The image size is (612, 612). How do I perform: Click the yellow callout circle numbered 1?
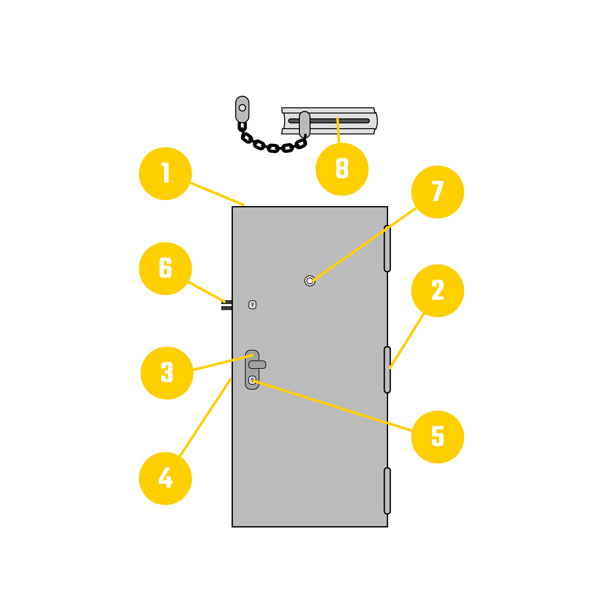(x=165, y=174)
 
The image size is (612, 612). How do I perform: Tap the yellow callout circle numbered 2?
(x=438, y=291)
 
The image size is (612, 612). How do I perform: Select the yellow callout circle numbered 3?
(x=167, y=373)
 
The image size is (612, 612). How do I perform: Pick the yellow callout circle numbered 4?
(x=165, y=478)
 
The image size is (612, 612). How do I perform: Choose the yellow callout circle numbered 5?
(x=438, y=437)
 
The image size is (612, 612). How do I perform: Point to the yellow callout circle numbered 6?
(x=165, y=268)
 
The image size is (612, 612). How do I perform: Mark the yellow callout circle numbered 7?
(x=438, y=192)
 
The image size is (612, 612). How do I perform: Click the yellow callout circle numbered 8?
(x=342, y=169)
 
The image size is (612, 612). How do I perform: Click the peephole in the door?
(x=310, y=281)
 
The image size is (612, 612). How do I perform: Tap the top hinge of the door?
(x=387, y=249)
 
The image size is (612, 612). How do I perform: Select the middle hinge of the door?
(x=387, y=370)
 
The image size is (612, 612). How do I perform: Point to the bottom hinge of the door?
(x=387, y=491)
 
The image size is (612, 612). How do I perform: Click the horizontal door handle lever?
(x=257, y=365)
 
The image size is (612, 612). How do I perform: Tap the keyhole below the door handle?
(x=252, y=380)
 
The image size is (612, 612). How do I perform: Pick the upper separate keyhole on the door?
(x=252, y=305)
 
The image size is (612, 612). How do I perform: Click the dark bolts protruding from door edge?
(x=226, y=305)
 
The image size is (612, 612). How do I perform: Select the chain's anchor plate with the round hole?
(x=242, y=109)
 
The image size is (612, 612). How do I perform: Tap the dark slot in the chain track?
(x=329, y=121)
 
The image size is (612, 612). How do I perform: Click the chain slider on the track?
(x=304, y=124)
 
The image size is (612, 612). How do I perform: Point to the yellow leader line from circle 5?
(x=333, y=406)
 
